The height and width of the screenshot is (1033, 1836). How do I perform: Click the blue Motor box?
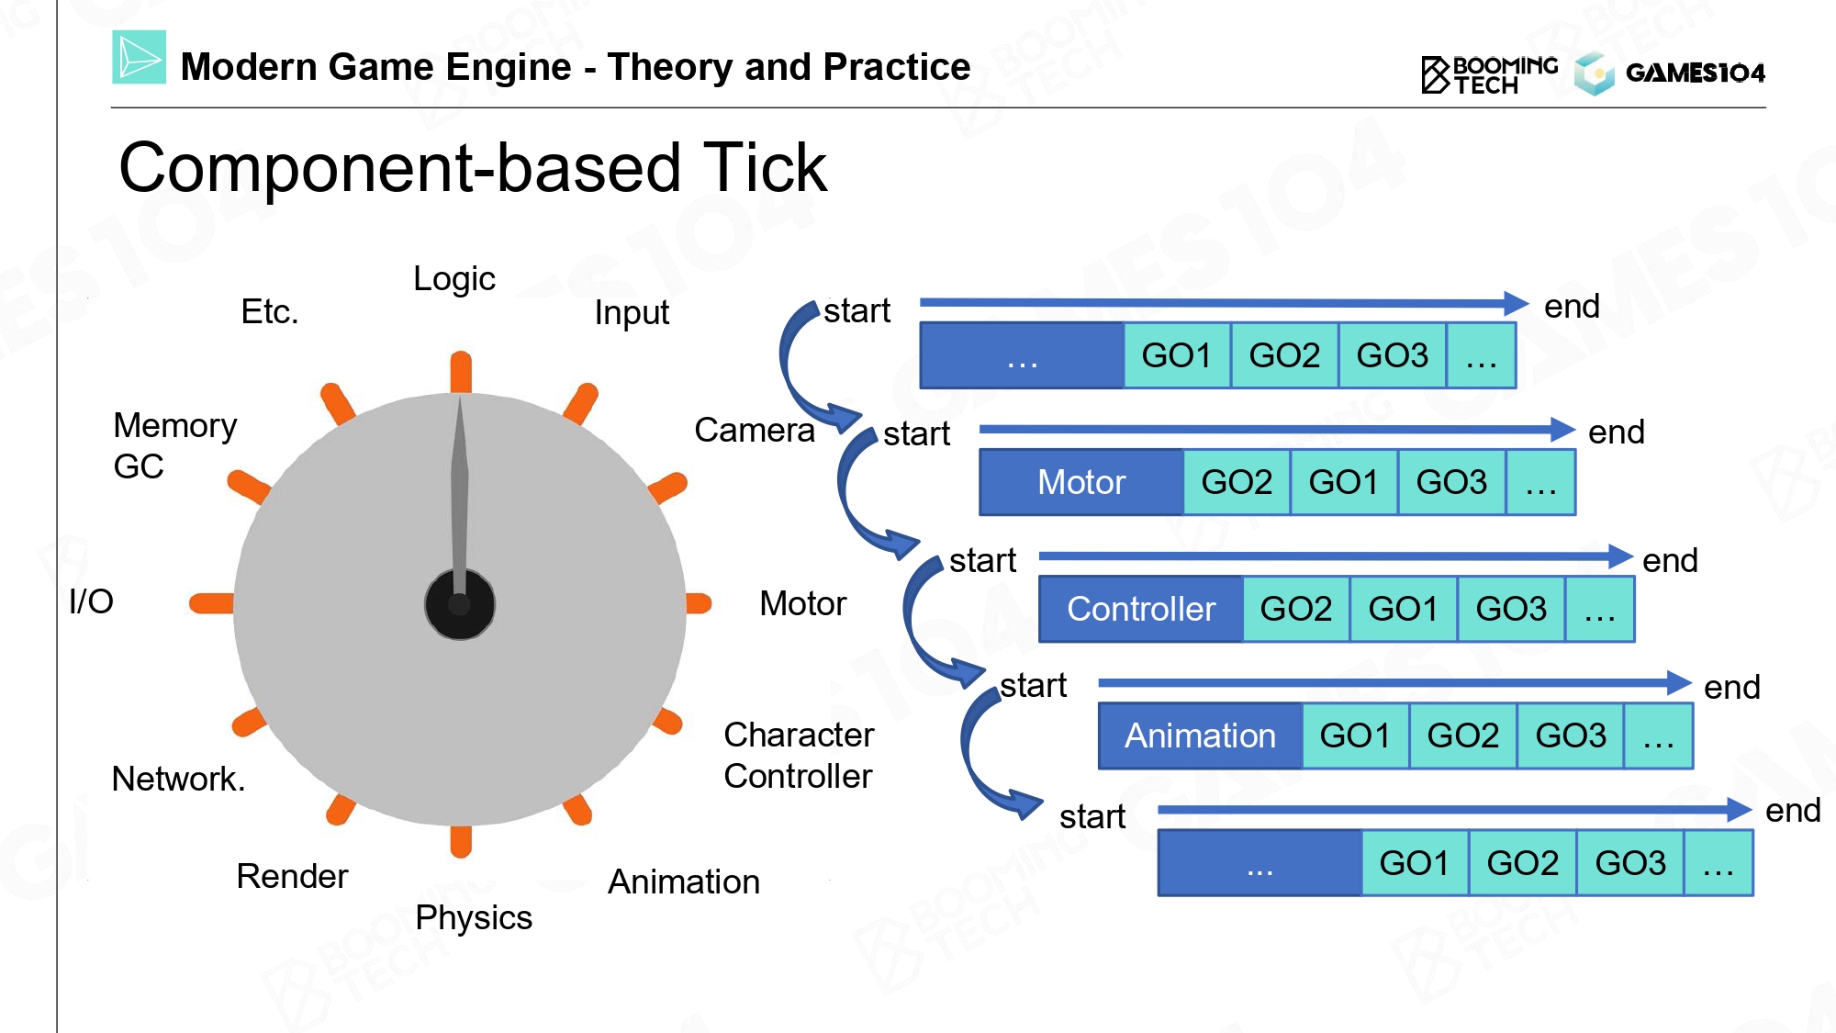[1081, 482]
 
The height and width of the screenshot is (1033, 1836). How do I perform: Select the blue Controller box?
[1141, 609]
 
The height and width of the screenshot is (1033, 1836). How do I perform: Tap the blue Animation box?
[1201, 735]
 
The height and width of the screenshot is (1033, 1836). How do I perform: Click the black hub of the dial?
[460, 604]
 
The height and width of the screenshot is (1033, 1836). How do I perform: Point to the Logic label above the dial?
[454, 279]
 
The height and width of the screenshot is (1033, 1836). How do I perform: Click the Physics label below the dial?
[474, 918]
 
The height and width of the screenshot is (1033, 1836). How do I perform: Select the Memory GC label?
[174, 446]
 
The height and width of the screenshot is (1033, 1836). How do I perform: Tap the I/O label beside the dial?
[91, 601]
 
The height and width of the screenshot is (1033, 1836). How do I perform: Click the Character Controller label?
[799, 756]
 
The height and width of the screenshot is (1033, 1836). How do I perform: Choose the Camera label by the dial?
[755, 430]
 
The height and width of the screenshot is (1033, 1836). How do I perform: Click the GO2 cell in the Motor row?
[1237, 482]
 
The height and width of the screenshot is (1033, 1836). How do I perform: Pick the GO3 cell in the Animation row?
[1571, 735]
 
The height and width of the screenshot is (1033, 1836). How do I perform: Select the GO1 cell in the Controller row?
[1403, 609]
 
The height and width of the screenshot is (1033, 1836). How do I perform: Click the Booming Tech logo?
[1490, 74]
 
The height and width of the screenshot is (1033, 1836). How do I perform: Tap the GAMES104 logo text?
[1695, 73]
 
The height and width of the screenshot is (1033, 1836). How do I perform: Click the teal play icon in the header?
[140, 57]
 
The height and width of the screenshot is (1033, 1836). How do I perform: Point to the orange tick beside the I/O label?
[211, 603]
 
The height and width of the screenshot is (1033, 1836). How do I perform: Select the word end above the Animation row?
[1731, 687]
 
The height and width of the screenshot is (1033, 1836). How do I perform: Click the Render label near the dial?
[292, 877]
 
